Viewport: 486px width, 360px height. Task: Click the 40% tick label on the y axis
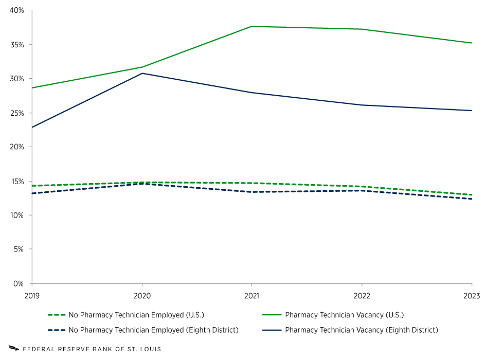pyautogui.click(x=17, y=10)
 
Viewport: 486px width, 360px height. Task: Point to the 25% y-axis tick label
pyautogui.click(x=17, y=113)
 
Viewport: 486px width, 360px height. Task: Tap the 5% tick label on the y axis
pyautogui.click(x=19, y=249)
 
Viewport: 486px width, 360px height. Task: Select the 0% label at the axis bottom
pyautogui.click(x=19, y=283)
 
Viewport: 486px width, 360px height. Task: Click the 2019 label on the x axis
pyautogui.click(x=32, y=296)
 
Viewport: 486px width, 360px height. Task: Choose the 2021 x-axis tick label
pyautogui.click(x=251, y=296)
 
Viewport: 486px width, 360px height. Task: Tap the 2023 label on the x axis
pyautogui.click(x=472, y=296)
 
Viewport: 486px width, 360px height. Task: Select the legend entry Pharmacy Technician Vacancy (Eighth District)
pyautogui.click(x=361, y=330)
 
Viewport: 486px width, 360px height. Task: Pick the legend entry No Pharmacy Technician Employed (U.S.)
pyautogui.click(x=139, y=315)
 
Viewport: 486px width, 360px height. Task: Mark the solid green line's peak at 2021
pyautogui.click(x=251, y=26)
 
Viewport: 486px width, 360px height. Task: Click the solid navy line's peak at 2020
pyautogui.click(x=142, y=73)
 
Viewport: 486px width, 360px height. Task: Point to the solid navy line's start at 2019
pyautogui.click(x=32, y=127)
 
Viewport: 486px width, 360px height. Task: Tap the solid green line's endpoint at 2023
pyautogui.click(x=472, y=43)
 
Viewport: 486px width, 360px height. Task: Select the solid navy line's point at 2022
pyautogui.click(x=362, y=105)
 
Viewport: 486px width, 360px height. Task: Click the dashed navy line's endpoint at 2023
pyautogui.click(x=472, y=199)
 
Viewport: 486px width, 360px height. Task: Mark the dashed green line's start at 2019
pyautogui.click(x=32, y=186)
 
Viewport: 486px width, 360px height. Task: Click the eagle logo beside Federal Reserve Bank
pyautogui.click(x=14, y=349)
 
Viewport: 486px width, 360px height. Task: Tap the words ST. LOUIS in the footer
pyautogui.click(x=147, y=349)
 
